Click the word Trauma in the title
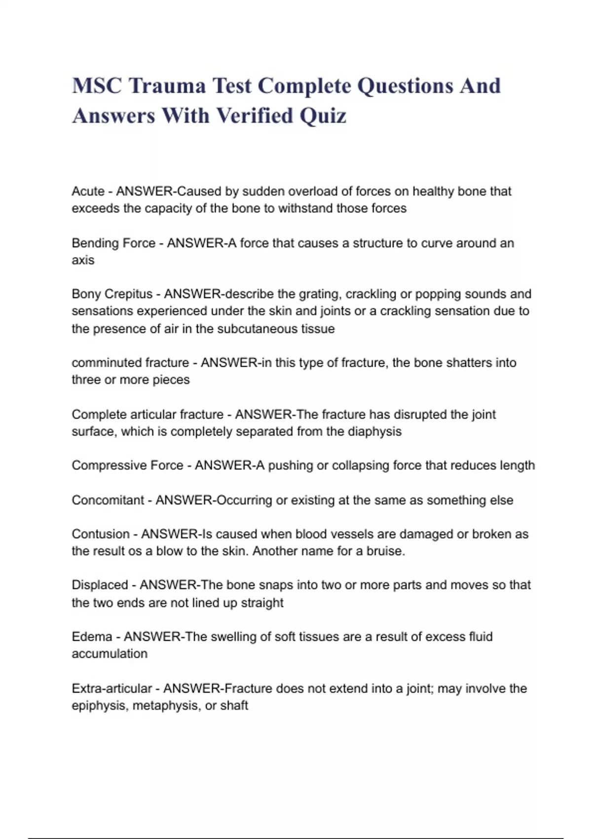(167, 86)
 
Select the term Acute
(88, 191)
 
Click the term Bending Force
(113, 243)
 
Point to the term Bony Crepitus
(112, 294)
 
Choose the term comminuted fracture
(130, 363)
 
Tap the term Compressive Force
(127, 465)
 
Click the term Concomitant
(108, 500)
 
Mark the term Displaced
(100, 585)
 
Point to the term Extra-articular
(112, 688)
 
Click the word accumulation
(110, 654)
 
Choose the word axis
(83, 260)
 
